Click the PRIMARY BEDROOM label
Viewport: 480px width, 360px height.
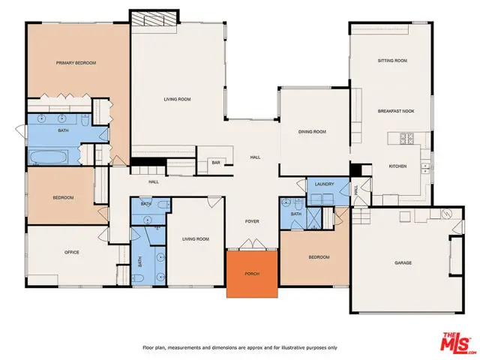(x=76, y=63)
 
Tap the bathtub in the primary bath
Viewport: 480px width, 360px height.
(x=49, y=157)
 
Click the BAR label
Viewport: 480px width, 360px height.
(x=215, y=163)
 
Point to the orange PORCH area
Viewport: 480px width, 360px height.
(x=252, y=274)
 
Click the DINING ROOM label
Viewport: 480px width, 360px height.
(x=312, y=132)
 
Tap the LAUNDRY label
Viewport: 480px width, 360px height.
(x=324, y=183)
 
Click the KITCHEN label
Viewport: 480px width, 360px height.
(x=397, y=166)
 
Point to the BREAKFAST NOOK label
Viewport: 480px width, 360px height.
(x=395, y=111)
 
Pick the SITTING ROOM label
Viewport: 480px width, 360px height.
(x=391, y=61)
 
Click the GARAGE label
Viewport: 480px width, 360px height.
(x=405, y=263)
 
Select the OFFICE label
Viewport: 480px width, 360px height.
(x=71, y=253)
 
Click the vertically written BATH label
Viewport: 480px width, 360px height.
(x=139, y=262)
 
